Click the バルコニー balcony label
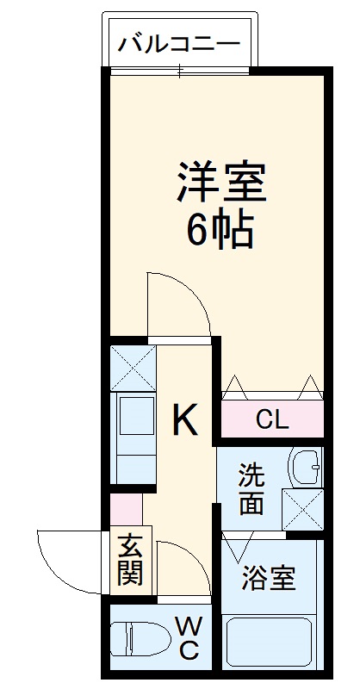pos(180,45)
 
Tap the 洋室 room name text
pos(221,183)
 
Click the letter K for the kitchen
pos(184,419)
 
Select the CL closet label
pos(272,420)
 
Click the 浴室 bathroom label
pos(268,578)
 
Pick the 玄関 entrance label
pos(130,559)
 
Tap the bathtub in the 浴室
pos(269,642)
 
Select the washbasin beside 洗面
pos(305,468)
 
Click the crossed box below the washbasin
pos(303,510)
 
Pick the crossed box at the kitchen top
pos(133,369)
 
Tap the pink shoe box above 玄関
pos(126,509)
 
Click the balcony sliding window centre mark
pos(179,71)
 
